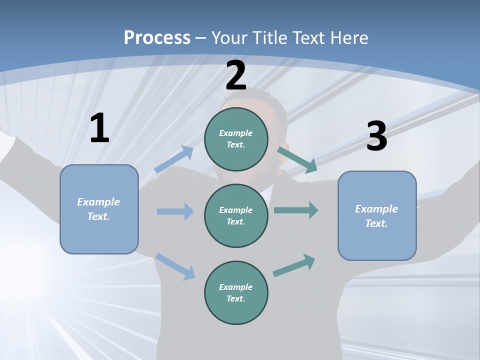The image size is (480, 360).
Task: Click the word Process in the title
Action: click(x=157, y=37)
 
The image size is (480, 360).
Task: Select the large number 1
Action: click(x=100, y=127)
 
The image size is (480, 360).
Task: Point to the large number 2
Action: click(x=236, y=75)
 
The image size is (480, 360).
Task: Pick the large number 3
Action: click(x=377, y=135)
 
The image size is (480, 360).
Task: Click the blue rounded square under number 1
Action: click(x=99, y=209)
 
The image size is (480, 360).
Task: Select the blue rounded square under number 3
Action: click(x=377, y=216)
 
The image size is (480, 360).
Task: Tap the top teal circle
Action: click(x=236, y=139)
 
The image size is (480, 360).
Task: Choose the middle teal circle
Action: click(x=236, y=216)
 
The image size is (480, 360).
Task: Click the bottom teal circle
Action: click(x=236, y=292)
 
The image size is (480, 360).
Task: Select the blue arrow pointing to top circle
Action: click(x=173, y=159)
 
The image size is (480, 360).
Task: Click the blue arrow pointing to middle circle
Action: click(x=175, y=211)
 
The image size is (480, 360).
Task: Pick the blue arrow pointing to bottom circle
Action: click(x=175, y=266)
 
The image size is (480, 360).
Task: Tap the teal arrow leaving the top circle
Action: click(x=297, y=160)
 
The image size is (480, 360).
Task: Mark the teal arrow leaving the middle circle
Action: click(x=296, y=210)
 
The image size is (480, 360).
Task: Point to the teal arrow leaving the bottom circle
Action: click(x=294, y=265)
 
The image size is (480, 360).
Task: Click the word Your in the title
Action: click(x=229, y=37)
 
